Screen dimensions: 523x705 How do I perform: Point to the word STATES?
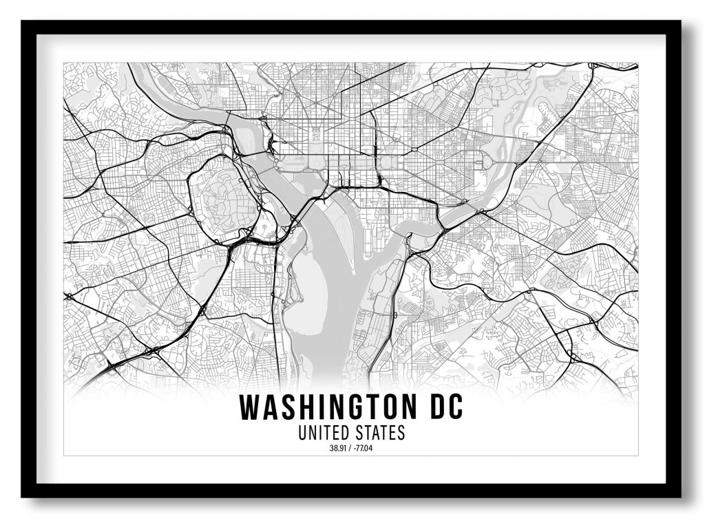(378, 434)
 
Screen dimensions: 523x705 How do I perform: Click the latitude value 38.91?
(339, 449)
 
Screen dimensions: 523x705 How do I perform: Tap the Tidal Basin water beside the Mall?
(303, 180)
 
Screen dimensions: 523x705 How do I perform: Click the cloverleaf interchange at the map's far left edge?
(69, 297)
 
